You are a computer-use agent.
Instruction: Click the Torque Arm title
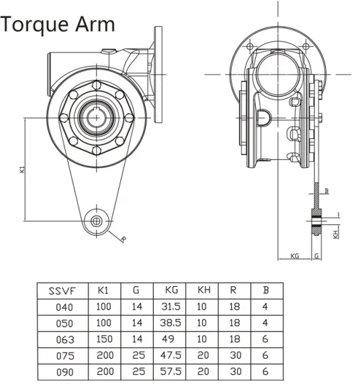point(58,24)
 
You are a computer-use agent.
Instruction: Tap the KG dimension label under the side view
point(294,256)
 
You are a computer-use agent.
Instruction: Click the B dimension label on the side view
point(326,191)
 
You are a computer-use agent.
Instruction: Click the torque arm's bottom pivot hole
point(98,221)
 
